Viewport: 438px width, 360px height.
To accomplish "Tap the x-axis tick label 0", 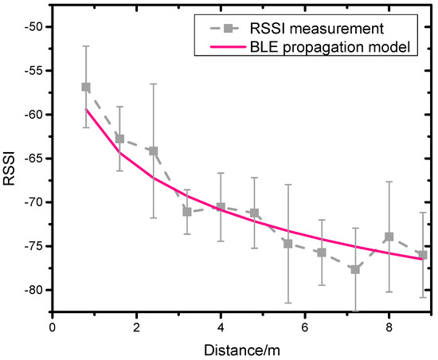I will (52, 326).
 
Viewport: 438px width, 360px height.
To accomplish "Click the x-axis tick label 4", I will (221, 326).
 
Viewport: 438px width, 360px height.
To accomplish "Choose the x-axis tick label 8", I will (389, 326).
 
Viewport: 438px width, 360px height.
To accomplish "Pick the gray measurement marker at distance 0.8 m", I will (85, 87).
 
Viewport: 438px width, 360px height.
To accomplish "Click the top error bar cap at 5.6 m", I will (287, 184).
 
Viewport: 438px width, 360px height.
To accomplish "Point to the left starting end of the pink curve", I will (86, 108).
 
